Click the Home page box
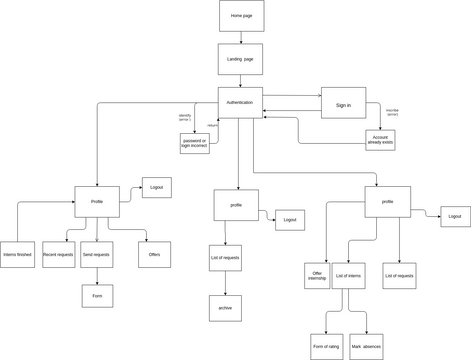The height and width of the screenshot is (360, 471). [x=241, y=16]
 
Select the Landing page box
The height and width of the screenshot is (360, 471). [x=241, y=59]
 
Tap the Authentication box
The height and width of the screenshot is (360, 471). [x=240, y=102]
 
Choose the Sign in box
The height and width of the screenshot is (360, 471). [x=343, y=103]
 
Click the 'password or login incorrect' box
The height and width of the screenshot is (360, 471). [x=194, y=143]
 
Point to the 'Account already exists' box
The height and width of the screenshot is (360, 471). [x=380, y=140]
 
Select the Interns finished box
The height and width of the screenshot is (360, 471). [x=17, y=254]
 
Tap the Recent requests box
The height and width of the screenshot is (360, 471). [x=58, y=254]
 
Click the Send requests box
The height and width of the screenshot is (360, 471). [x=97, y=254]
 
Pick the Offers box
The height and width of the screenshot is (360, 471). [x=154, y=254]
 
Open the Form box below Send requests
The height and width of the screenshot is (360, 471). [x=97, y=295]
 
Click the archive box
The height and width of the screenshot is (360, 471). [x=225, y=308]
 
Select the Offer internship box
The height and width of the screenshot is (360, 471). [x=317, y=275]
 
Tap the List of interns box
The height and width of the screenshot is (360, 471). [x=348, y=275]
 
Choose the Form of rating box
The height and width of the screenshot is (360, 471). [x=326, y=346]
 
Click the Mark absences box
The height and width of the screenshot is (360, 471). [x=366, y=346]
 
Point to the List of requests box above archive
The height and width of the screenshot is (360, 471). [x=225, y=257]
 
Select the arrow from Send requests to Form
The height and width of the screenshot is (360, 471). [x=97, y=276]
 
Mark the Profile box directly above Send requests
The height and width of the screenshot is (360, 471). [x=97, y=201]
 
